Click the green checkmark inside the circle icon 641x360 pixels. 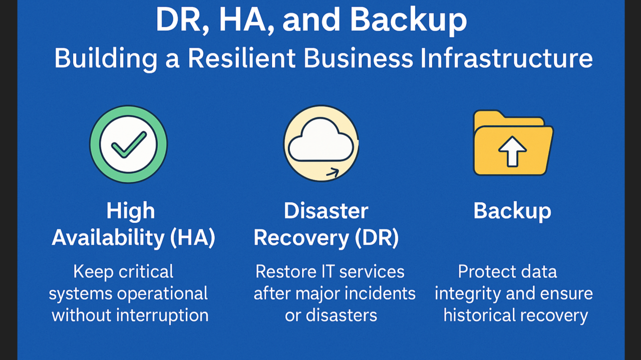[x=128, y=145]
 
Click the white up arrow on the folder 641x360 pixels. [x=512, y=151]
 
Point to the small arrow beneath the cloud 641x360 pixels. [x=333, y=173]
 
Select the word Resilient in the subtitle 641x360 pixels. [x=241, y=58]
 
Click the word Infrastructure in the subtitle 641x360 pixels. [x=506, y=58]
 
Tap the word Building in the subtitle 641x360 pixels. [x=106, y=59]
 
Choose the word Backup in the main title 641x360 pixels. [x=408, y=21]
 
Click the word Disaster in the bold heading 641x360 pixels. [x=326, y=211]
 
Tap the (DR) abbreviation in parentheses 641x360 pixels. [x=377, y=238]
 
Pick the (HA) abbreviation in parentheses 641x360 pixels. [x=192, y=238]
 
